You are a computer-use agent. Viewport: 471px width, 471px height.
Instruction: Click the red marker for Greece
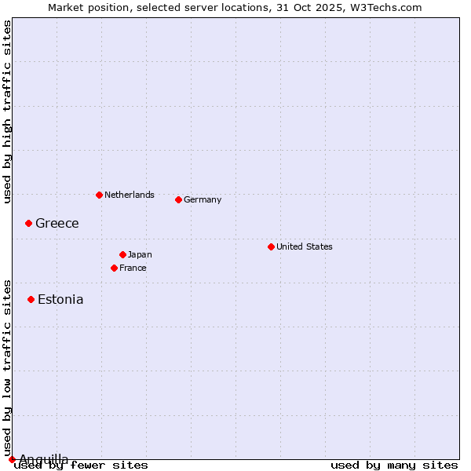click(x=28, y=224)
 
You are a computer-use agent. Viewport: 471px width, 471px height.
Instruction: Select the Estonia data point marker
click(x=31, y=299)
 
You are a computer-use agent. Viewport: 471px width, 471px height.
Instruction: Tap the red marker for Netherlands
click(x=99, y=195)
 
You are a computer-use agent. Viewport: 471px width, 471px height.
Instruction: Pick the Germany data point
click(x=178, y=199)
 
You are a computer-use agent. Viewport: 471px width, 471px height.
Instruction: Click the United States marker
click(x=271, y=246)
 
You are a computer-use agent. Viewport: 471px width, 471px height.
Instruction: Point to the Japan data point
click(x=122, y=254)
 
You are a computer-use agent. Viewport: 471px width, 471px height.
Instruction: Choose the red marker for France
click(x=114, y=268)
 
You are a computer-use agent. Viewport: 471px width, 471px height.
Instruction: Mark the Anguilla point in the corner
click(x=12, y=459)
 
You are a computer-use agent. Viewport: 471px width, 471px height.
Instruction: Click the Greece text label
click(x=57, y=224)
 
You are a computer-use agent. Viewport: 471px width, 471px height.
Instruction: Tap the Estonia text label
click(x=60, y=299)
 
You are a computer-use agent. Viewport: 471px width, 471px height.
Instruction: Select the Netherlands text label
click(x=130, y=195)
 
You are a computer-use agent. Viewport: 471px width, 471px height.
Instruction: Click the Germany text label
click(x=203, y=199)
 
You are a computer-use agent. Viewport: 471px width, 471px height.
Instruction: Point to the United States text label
click(x=305, y=246)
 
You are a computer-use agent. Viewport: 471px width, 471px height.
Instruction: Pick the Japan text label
click(x=140, y=254)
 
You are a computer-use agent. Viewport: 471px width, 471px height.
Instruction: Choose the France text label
click(x=133, y=268)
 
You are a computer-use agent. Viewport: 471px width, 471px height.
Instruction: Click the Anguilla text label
click(x=44, y=458)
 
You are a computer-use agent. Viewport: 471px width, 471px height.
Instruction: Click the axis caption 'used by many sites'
click(x=394, y=466)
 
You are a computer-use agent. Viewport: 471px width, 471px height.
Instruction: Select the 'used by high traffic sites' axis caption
click(x=7, y=111)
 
